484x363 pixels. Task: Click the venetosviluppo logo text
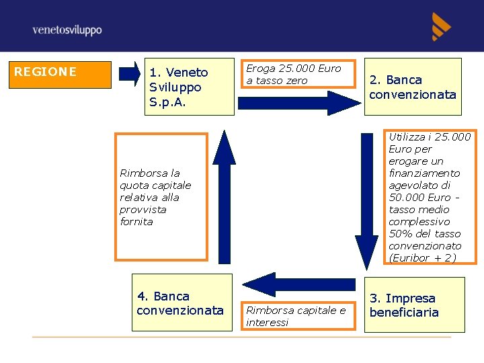(67, 30)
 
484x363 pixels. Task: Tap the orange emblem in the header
(441, 27)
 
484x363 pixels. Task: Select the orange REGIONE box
(62, 75)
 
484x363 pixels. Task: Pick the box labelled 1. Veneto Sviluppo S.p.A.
(189, 87)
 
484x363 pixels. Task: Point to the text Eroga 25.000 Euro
(294, 69)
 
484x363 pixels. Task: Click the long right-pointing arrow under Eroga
(299, 103)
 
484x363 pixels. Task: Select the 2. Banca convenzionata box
(413, 87)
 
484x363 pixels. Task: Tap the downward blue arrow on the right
(367, 202)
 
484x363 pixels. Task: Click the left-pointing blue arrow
(298, 284)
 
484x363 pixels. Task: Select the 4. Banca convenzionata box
(181, 302)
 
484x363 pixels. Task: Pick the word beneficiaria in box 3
(404, 313)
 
